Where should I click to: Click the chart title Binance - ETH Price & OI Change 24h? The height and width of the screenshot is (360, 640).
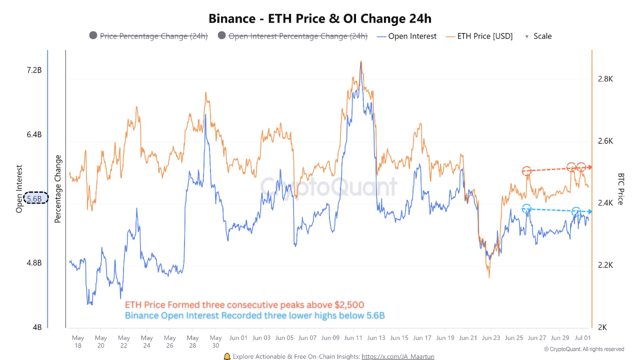tap(320, 19)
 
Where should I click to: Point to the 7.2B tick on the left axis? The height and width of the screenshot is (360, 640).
tap(33, 70)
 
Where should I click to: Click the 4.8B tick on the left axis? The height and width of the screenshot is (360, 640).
tap(33, 263)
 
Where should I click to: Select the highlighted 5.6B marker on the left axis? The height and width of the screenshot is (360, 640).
tap(35, 198)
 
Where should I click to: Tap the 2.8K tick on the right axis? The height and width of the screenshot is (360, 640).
tap(605, 79)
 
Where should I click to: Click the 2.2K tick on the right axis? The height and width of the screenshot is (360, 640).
tap(605, 265)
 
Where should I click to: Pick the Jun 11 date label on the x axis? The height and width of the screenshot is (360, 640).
tap(353, 338)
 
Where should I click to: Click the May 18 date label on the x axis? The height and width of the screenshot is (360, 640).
tap(78, 341)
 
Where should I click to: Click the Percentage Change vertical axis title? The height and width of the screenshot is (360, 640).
tap(58, 189)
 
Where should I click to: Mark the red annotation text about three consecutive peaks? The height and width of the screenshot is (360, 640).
tap(244, 305)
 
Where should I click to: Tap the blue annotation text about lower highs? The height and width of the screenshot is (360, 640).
tap(254, 315)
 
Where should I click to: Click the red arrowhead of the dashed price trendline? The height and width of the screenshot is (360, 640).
tap(589, 167)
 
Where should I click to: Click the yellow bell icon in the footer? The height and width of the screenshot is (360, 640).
tap(227, 356)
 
